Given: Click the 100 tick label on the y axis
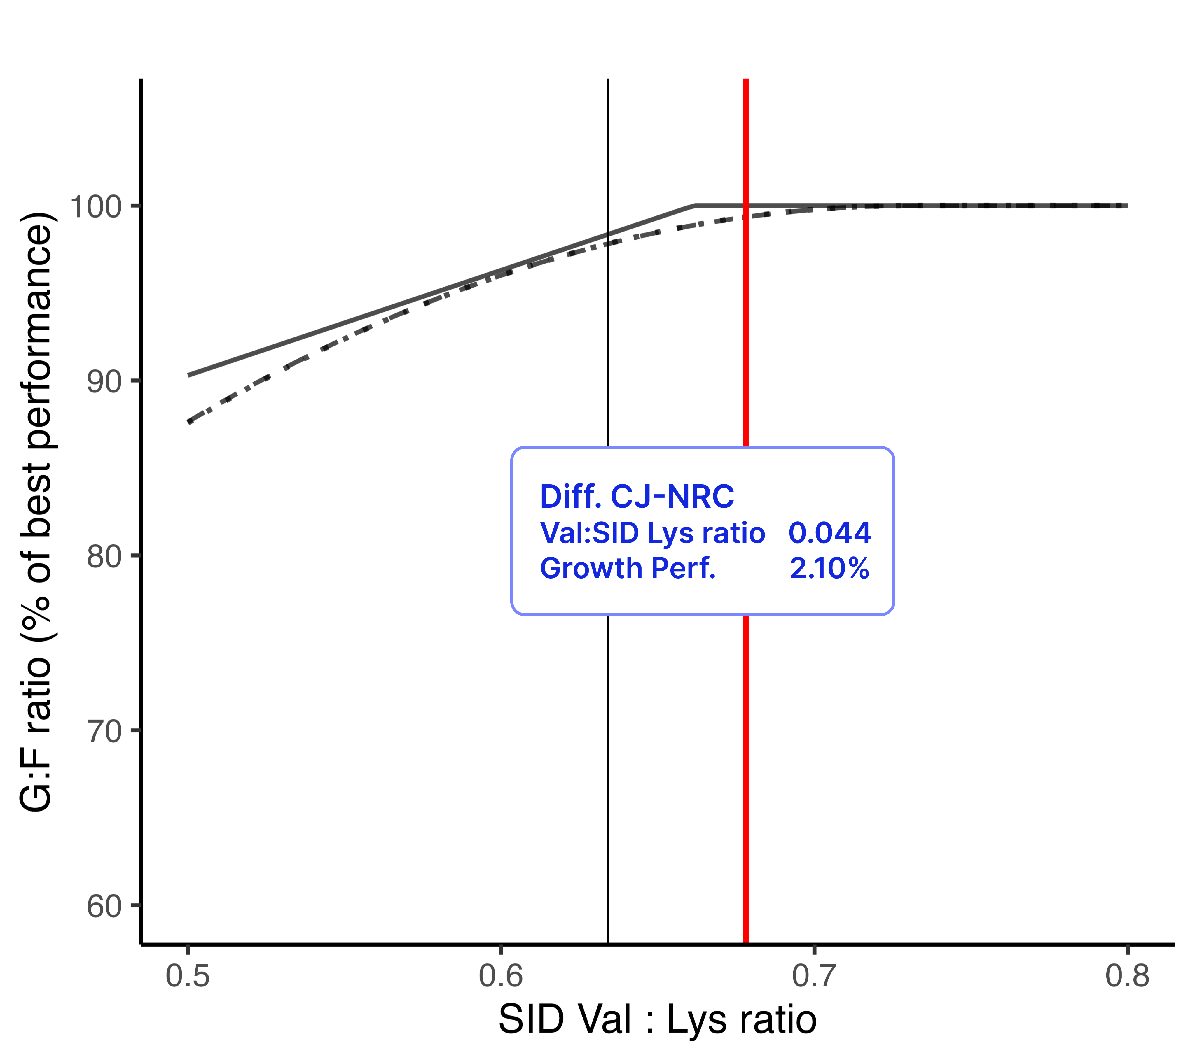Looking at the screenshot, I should (95, 207).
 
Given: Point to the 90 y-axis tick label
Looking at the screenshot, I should (104, 382).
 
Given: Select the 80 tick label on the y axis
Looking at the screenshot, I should (104, 556).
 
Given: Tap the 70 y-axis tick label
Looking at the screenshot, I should (104, 731).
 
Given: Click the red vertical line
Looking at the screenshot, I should (746, 760).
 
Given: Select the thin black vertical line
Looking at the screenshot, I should (608, 760).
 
